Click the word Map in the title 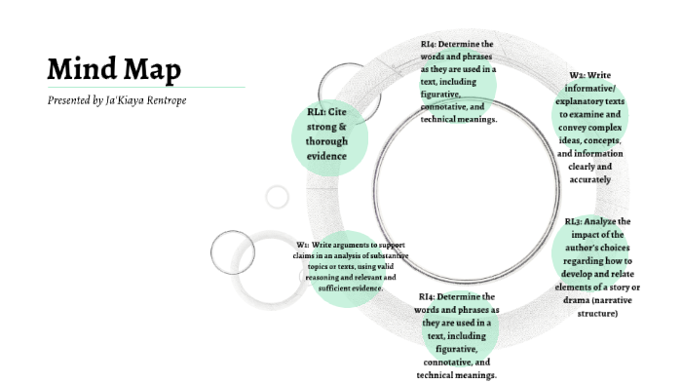click(x=150, y=70)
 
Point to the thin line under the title click(x=146, y=87)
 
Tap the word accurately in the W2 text click(x=589, y=179)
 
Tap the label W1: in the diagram click(x=302, y=244)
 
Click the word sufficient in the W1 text click(x=341, y=288)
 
